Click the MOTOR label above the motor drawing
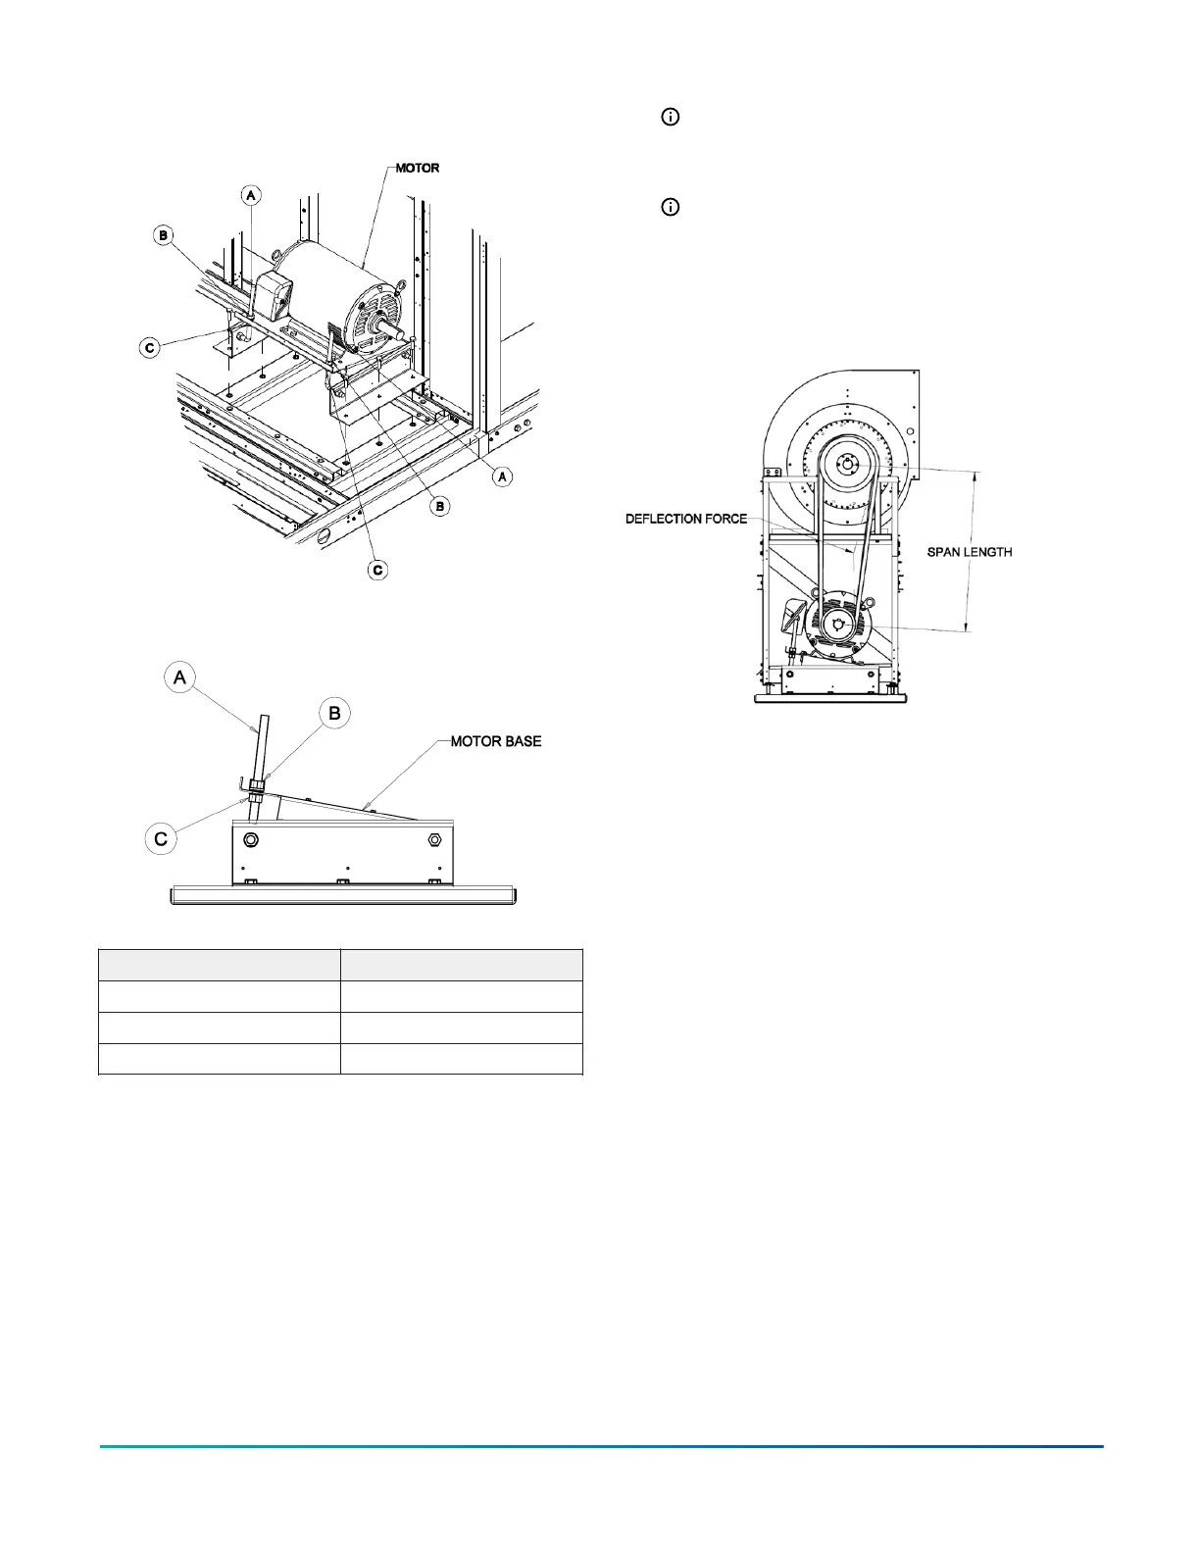tap(418, 168)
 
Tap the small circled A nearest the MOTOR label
tap(251, 195)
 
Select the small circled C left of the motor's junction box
tap(150, 347)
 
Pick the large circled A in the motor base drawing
tap(180, 677)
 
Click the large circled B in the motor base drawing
tap(335, 713)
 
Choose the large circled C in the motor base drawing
tap(161, 839)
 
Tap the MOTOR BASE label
tap(496, 741)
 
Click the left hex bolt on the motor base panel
tap(250, 840)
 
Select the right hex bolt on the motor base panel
tap(434, 840)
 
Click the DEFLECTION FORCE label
tap(686, 519)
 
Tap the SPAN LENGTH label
tap(970, 552)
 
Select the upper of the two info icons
tap(671, 117)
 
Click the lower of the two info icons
tap(671, 207)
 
